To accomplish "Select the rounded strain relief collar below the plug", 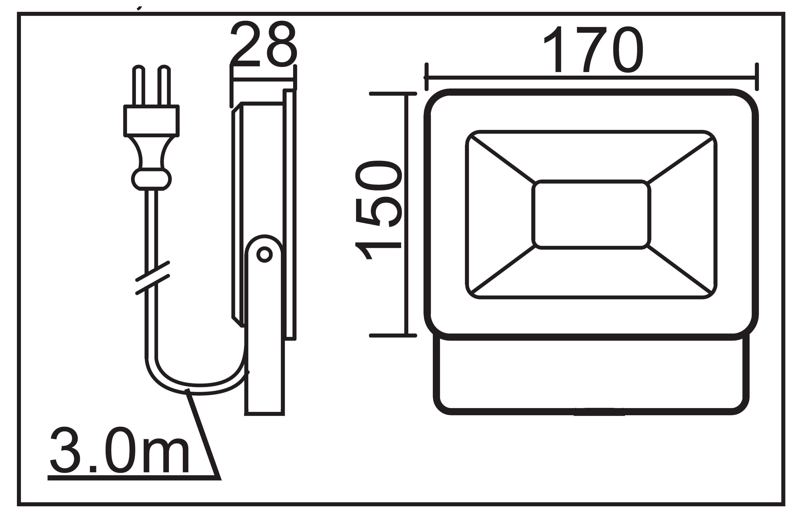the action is (151, 180).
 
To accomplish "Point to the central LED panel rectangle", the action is (591, 214).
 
